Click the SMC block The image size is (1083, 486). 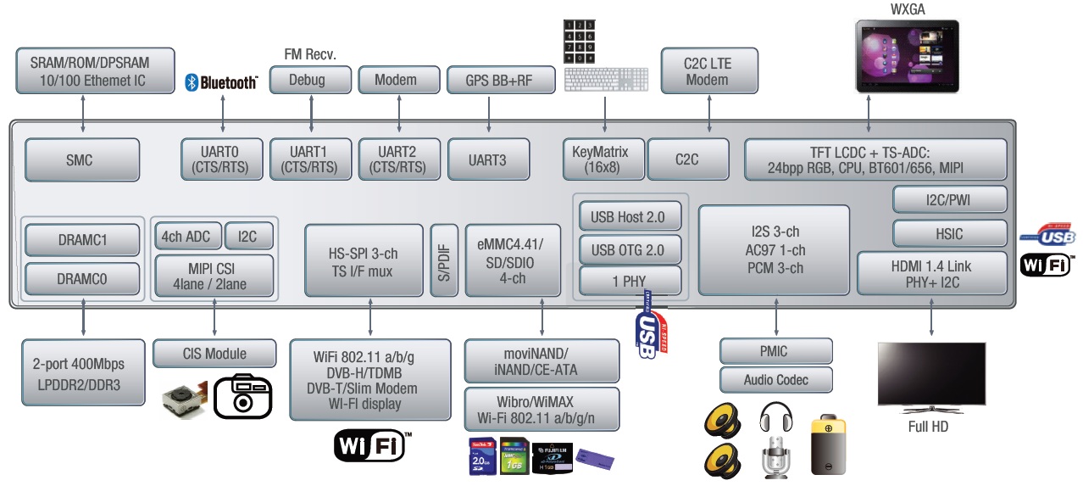[x=82, y=159]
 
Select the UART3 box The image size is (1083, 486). [x=488, y=159]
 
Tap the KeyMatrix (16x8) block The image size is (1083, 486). [x=603, y=159]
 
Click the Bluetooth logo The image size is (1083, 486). [x=221, y=82]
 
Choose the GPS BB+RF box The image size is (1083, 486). [x=500, y=80]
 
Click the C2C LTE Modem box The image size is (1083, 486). [x=707, y=71]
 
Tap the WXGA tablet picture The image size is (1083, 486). [x=907, y=56]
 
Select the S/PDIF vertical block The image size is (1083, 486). [x=443, y=260]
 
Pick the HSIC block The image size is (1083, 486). [x=949, y=233]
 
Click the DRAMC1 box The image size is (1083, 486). [x=83, y=240]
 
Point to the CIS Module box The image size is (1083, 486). [x=214, y=353]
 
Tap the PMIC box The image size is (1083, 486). [x=776, y=350]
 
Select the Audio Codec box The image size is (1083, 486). [x=776, y=379]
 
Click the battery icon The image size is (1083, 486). [x=828, y=445]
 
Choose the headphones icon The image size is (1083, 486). [x=775, y=419]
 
